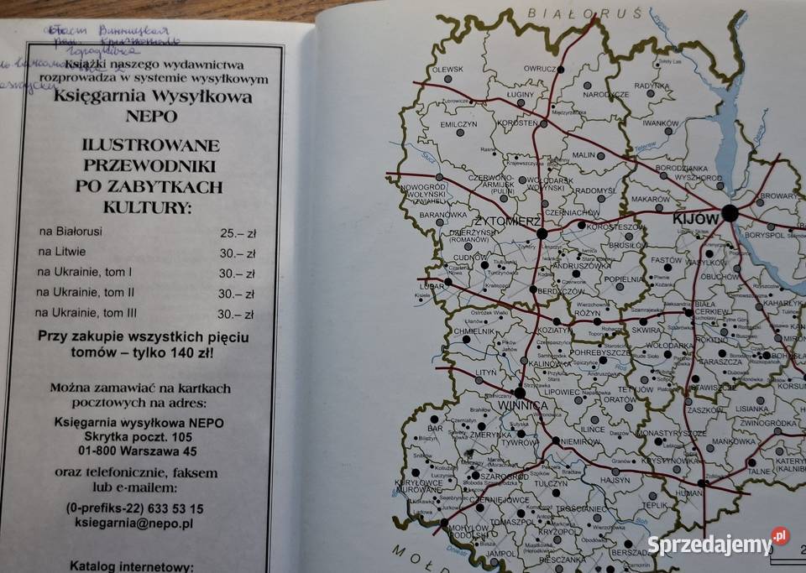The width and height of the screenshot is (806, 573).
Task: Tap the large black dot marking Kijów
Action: tap(730, 213)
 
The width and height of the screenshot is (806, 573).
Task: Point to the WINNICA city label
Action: tap(523, 406)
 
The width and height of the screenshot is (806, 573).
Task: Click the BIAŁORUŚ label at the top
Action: tap(585, 13)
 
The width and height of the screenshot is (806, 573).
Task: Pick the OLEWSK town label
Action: tap(448, 69)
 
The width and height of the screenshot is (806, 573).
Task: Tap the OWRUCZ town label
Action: tap(541, 68)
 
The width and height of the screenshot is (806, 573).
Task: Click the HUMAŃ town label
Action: tap(688, 494)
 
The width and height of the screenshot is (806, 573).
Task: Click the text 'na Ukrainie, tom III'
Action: tap(85, 313)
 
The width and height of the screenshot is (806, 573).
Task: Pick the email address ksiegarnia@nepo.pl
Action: tap(134, 522)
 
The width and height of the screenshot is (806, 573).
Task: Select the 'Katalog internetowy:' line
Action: tap(131, 566)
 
